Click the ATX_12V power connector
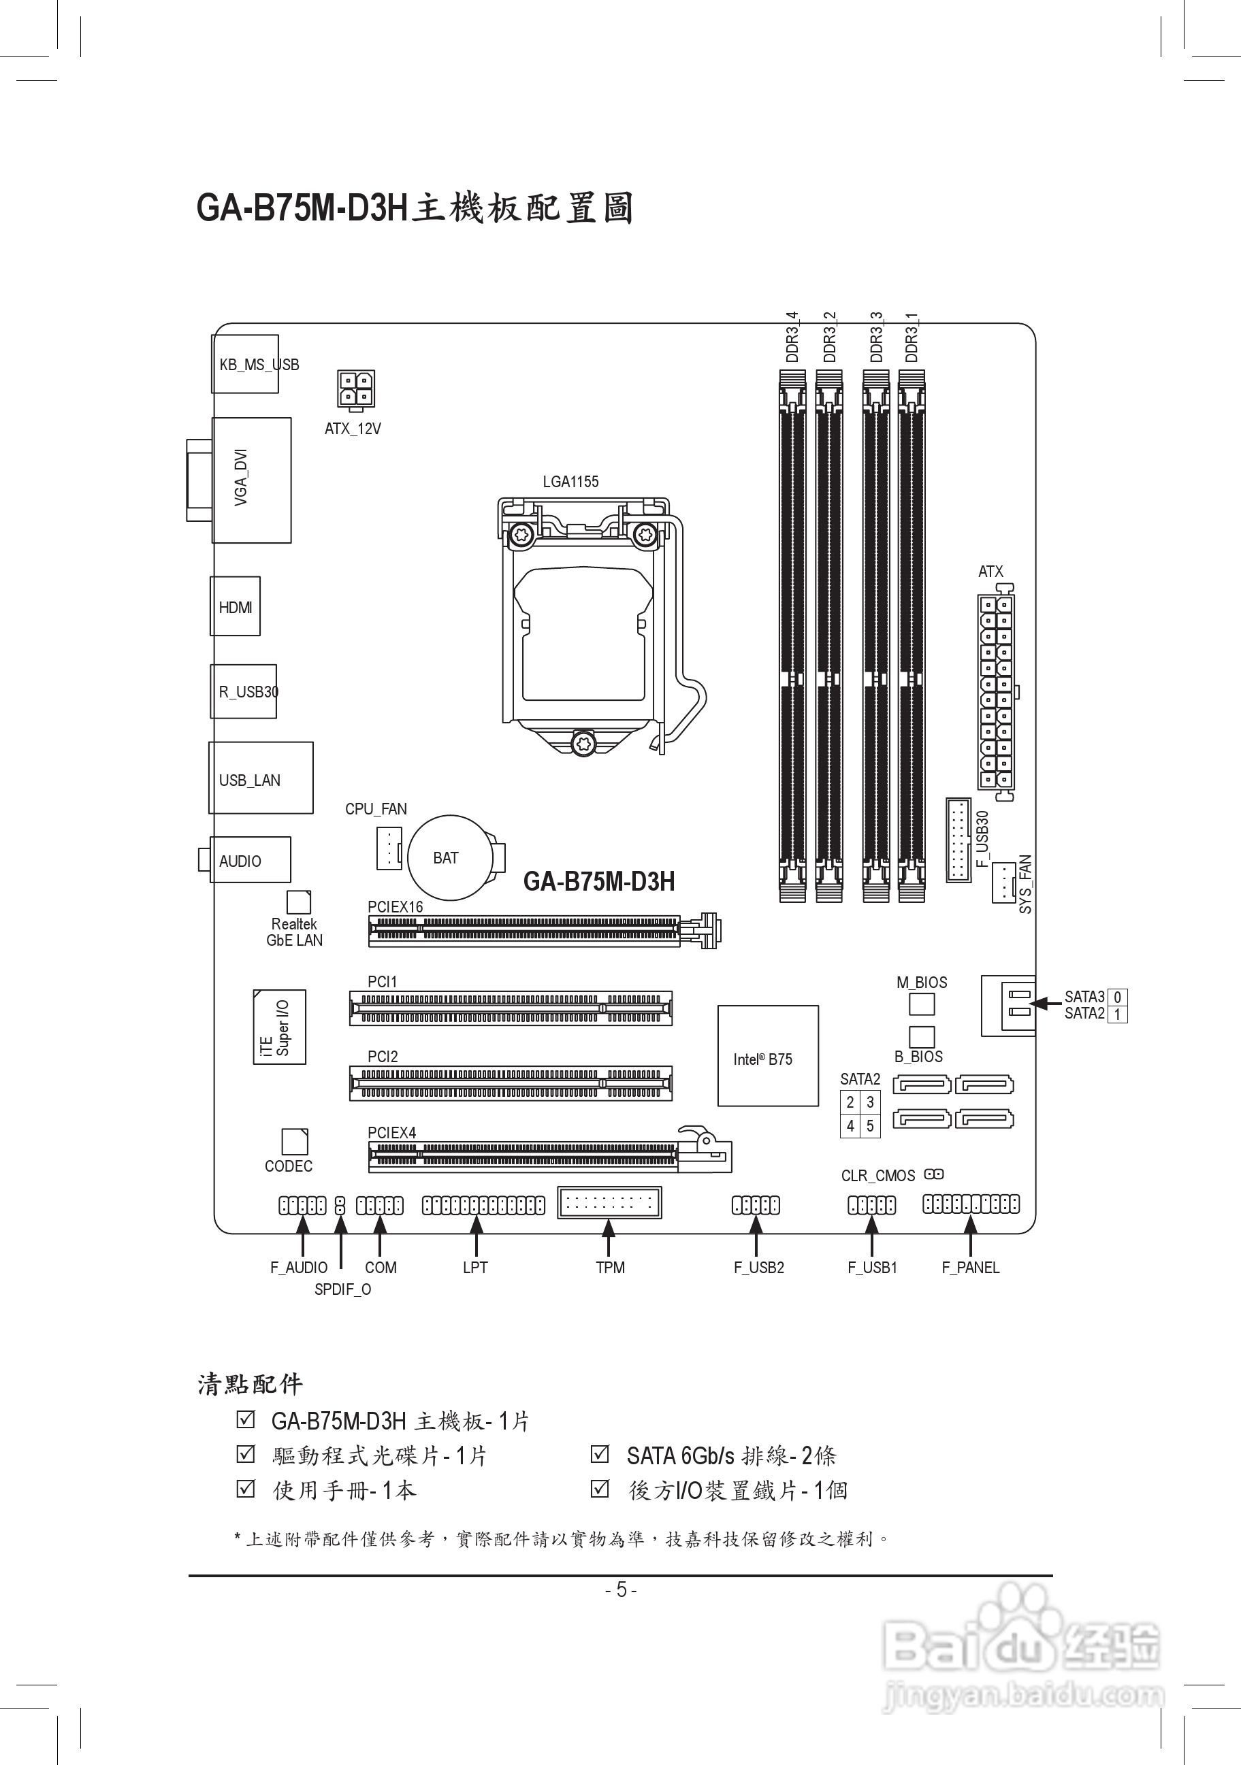(x=355, y=389)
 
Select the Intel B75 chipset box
(x=767, y=1055)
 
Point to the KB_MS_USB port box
(x=245, y=363)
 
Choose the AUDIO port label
(x=240, y=861)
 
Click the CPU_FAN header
(x=389, y=848)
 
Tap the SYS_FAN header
(x=1003, y=883)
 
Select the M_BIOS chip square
(x=922, y=1004)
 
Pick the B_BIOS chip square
(x=922, y=1036)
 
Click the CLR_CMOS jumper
(x=934, y=1174)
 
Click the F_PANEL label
(x=970, y=1268)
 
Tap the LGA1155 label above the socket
(x=570, y=482)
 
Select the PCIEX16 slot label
(x=396, y=907)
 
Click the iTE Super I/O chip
(x=279, y=1027)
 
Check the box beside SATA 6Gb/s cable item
(x=600, y=1455)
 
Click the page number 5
(x=622, y=1589)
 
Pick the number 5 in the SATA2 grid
(x=871, y=1125)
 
